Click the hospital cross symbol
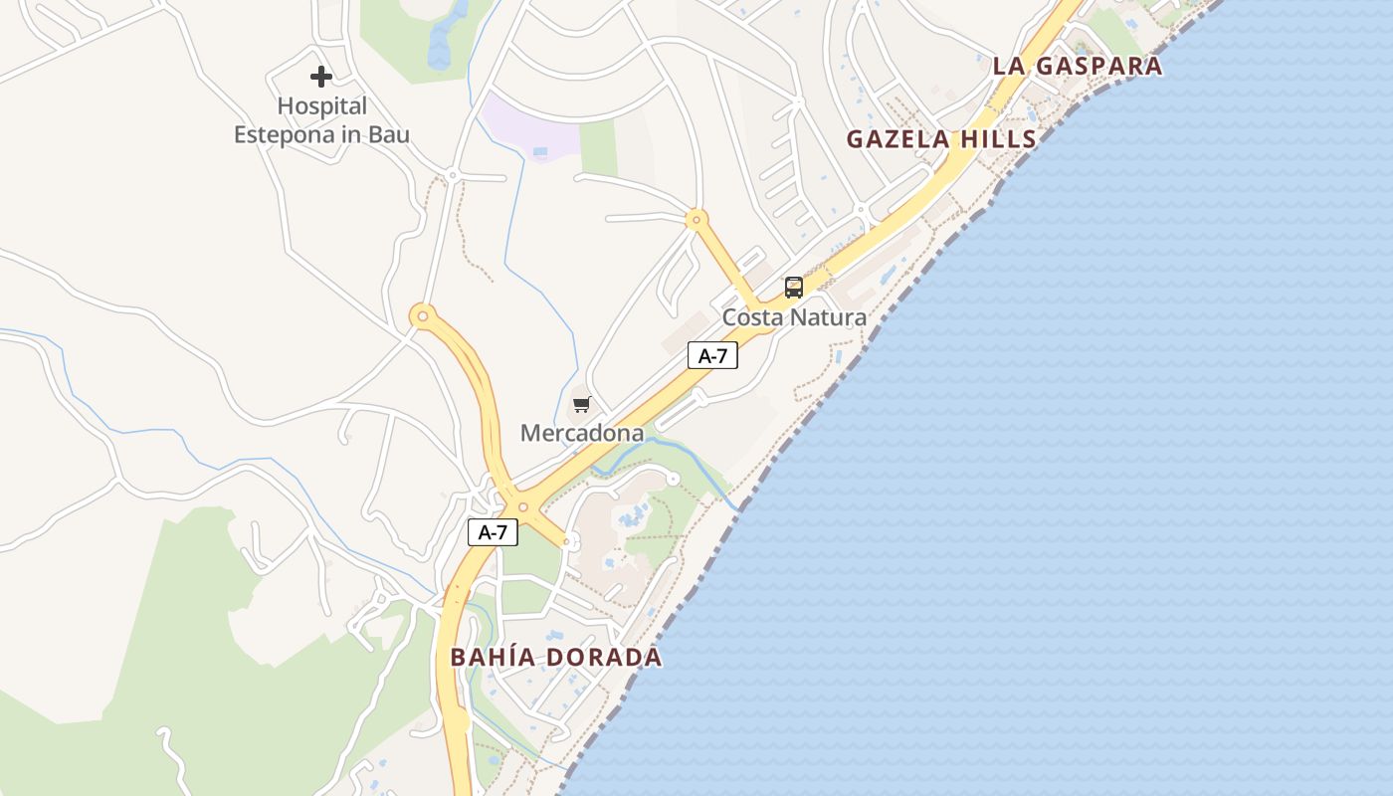pos(320,76)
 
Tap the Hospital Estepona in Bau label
pos(321,120)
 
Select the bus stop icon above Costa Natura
pos(793,288)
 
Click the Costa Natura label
pos(794,317)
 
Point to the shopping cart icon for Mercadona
pos(581,405)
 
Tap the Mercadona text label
pos(582,433)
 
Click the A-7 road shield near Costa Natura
pos(712,355)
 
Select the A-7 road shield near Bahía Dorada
pos(493,532)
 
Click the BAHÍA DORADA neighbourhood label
pos(555,658)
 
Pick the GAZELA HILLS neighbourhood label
pos(941,139)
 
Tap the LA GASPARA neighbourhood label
pos(1077,67)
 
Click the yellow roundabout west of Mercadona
pos(423,316)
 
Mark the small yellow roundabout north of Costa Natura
pos(697,219)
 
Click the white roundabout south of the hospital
pos(452,176)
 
